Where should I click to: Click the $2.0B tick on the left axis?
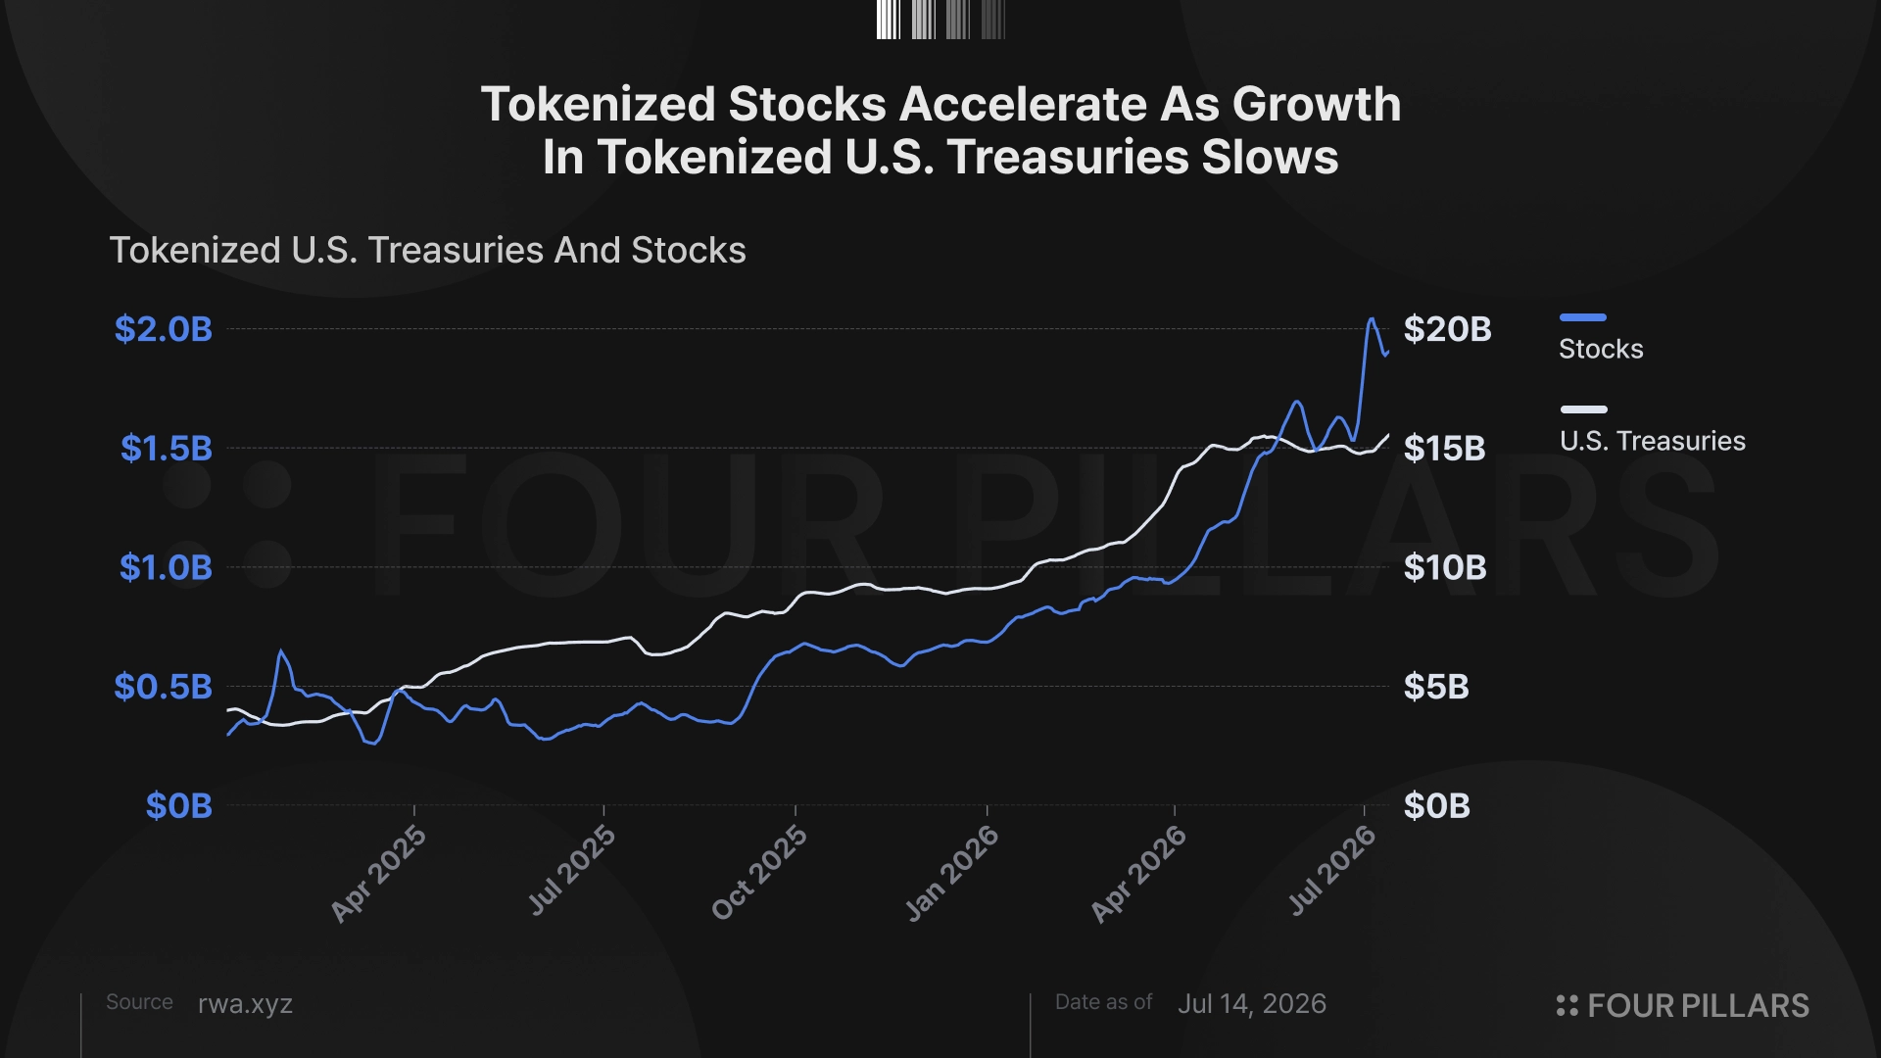(x=164, y=329)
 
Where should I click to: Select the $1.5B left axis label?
(x=167, y=449)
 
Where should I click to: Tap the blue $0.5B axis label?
(x=164, y=687)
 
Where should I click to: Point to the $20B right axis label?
(x=1448, y=329)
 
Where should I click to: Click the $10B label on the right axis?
(x=1445, y=567)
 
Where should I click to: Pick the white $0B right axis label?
(x=1437, y=806)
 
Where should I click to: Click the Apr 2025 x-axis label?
(x=378, y=873)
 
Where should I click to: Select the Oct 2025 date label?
(x=759, y=872)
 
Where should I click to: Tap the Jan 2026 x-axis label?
(x=951, y=873)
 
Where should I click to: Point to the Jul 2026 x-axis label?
(x=1331, y=870)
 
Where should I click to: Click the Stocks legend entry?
(x=1601, y=349)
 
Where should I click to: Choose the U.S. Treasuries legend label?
(x=1653, y=441)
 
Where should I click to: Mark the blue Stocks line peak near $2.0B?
(x=1372, y=318)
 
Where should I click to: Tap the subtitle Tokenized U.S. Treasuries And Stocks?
(x=427, y=251)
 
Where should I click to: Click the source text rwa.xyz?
(x=245, y=1004)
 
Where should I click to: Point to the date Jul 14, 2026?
(x=1252, y=1004)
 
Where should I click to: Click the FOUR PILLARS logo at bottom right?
(x=1682, y=1006)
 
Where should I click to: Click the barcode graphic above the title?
(x=940, y=20)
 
